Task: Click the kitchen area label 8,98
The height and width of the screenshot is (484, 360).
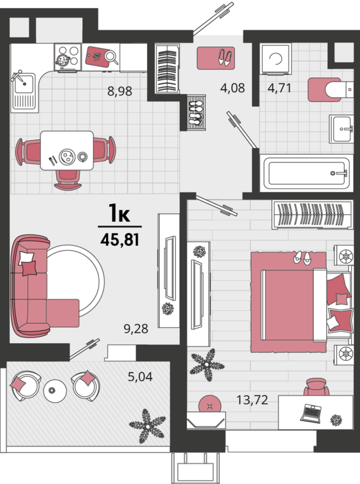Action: (120, 91)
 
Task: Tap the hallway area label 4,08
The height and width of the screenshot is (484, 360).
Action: (232, 88)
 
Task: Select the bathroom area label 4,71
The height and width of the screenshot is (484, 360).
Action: (280, 88)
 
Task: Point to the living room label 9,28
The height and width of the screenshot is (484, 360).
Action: (136, 329)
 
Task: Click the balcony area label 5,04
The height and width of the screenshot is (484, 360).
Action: (140, 377)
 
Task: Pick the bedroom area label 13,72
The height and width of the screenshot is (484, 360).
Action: (253, 400)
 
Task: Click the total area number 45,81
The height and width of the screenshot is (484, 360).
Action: (120, 239)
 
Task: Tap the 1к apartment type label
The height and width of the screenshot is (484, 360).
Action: (119, 213)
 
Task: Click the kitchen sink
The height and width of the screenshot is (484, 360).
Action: (24, 92)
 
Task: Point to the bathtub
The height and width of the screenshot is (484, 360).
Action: (307, 173)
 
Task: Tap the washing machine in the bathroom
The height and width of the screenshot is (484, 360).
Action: (275, 59)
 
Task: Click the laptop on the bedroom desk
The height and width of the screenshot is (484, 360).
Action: (311, 413)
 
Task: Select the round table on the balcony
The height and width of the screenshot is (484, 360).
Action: (55, 390)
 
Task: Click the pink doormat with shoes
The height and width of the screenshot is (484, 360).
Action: (216, 57)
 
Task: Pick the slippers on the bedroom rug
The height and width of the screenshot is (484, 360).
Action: (302, 258)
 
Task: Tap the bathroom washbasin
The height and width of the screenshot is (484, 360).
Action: (342, 129)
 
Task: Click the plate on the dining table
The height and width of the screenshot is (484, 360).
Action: (67, 156)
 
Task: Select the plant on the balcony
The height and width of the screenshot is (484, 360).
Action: (147, 426)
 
